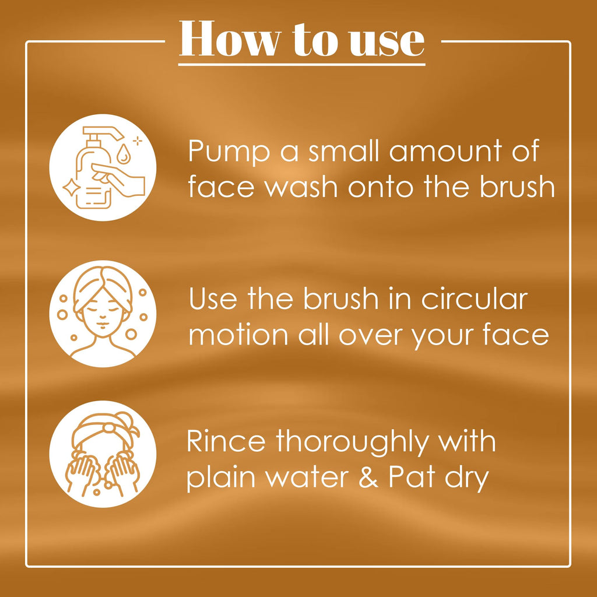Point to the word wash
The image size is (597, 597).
(301, 187)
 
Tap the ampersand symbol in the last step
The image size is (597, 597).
(368, 477)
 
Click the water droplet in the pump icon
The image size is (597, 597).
(122, 153)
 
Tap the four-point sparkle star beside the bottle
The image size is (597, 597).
(70, 187)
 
